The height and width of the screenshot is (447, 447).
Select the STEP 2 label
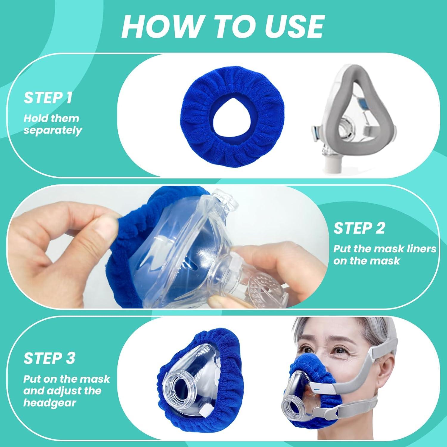tap(359, 228)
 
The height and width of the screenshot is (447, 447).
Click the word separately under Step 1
tap(53, 131)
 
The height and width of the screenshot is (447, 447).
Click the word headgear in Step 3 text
tap(50, 403)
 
